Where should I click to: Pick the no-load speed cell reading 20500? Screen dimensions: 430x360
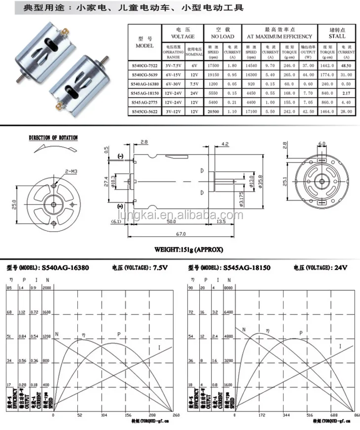(x=213, y=113)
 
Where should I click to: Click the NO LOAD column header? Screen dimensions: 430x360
(x=223, y=36)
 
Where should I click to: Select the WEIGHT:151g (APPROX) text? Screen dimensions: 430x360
(x=182, y=250)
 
